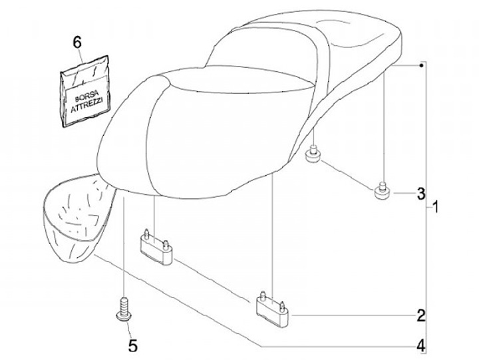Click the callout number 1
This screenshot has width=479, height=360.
pyautogui.click(x=436, y=207)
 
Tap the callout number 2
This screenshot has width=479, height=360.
pyautogui.click(x=420, y=315)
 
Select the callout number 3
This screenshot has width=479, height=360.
pyautogui.click(x=420, y=194)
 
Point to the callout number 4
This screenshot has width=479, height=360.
pyautogui.click(x=420, y=346)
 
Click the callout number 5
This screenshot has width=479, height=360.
pyautogui.click(x=132, y=346)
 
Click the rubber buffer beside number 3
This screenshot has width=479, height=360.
pyautogui.click(x=382, y=191)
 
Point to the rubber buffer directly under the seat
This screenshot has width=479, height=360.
pyautogui.click(x=313, y=156)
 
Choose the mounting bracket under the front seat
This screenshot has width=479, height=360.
pyautogui.click(x=156, y=247)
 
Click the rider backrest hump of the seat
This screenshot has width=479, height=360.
pyautogui.click(x=266, y=57)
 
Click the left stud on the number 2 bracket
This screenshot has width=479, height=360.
pyautogui.click(x=263, y=294)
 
